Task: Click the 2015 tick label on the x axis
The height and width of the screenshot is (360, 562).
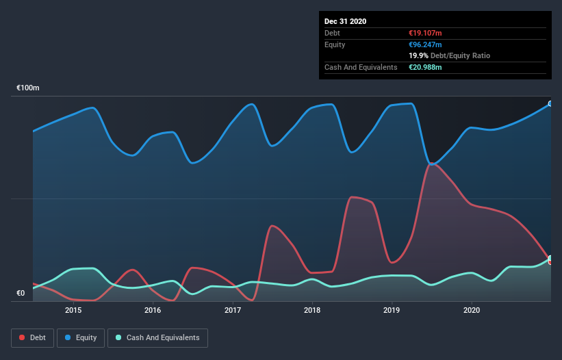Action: click(73, 310)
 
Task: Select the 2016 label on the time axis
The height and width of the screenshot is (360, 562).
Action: click(153, 310)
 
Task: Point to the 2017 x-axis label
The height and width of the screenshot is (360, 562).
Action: click(233, 310)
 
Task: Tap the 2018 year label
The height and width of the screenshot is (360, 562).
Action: click(312, 310)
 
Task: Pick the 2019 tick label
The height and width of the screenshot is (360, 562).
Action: click(392, 310)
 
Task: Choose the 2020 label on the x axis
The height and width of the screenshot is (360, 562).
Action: click(472, 310)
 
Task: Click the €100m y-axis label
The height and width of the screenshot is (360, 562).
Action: click(28, 88)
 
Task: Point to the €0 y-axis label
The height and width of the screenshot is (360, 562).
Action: click(21, 294)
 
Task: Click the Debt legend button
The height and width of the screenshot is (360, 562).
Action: click(32, 337)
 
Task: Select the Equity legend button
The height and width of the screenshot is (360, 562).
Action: click(81, 337)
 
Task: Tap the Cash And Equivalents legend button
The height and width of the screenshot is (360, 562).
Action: click(157, 337)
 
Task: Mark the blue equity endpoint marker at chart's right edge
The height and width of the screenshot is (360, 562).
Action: click(550, 104)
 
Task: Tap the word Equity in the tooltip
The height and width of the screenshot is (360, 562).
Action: click(335, 44)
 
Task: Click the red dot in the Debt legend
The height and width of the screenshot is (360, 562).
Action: click(23, 337)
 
